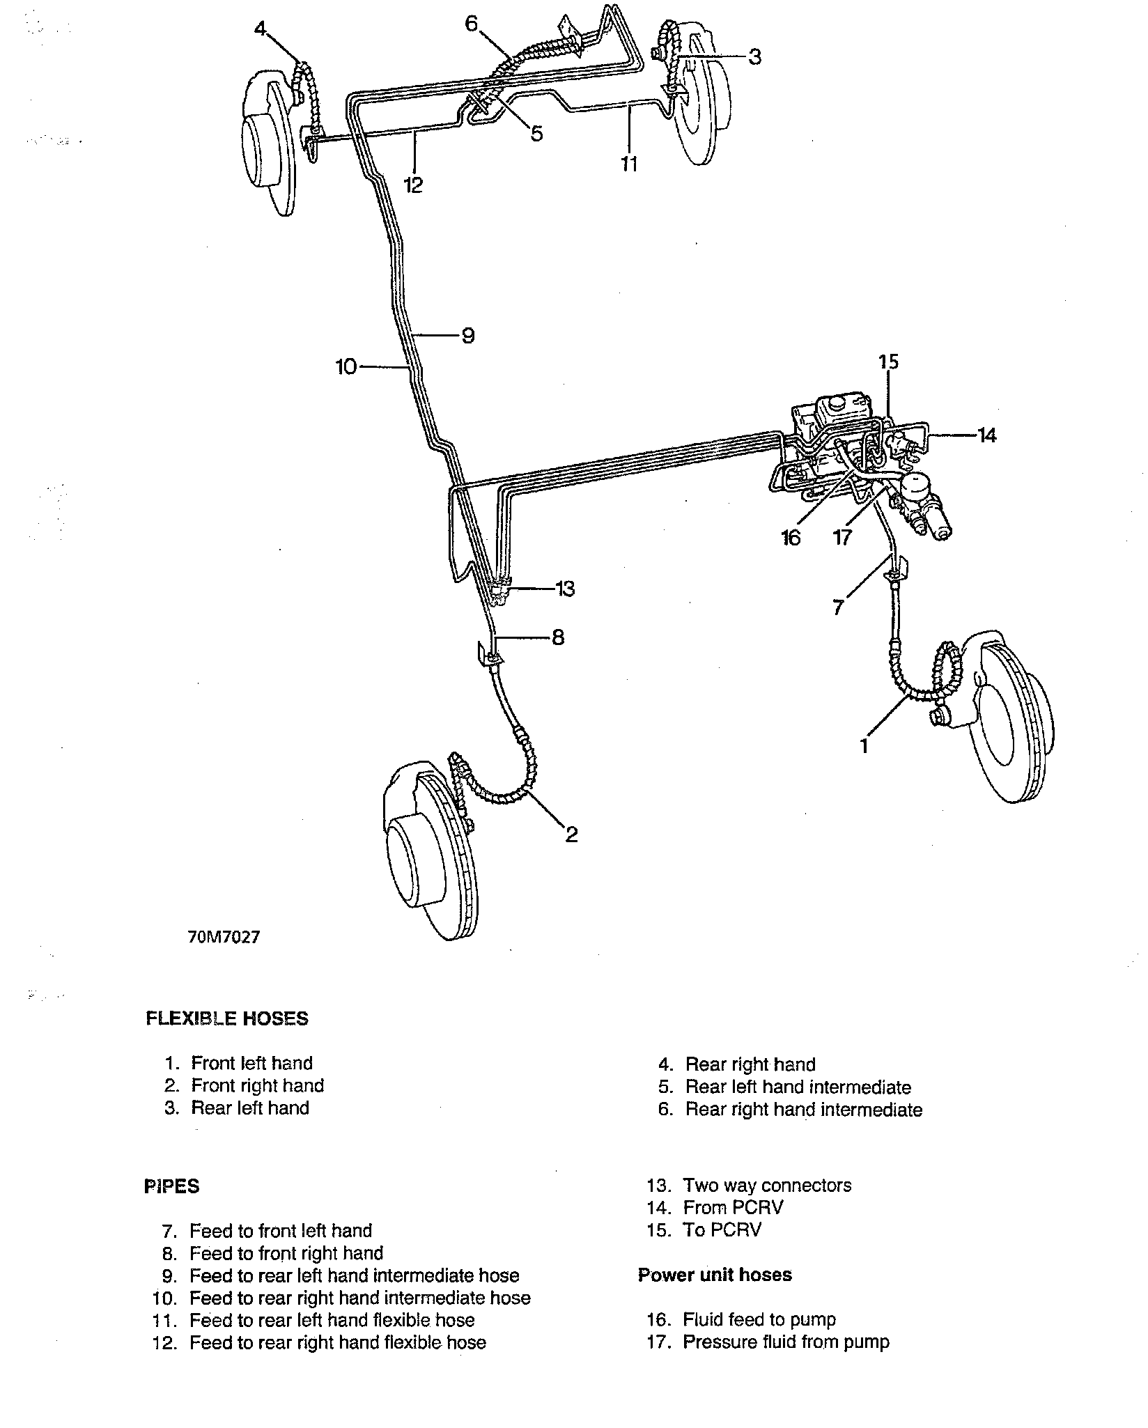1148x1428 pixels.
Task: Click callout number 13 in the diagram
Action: pyautogui.click(x=565, y=589)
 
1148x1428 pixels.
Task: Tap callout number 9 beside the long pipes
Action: pyautogui.click(x=468, y=336)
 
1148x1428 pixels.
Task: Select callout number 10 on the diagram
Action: pyautogui.click(x=346, y=366)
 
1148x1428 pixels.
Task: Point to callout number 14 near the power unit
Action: pyautogui.click(x=987, y=436)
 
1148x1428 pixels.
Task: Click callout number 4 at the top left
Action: pyautogui.click(x=260, y=30)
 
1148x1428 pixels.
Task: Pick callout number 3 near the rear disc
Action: pyautogui.click(x=755, y=56)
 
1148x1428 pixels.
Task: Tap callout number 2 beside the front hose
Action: pyautogui.click(x=571, y=834)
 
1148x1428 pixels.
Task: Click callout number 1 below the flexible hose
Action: pyautogui.click(x=864, y=746)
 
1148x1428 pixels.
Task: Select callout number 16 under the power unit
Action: pyautogui.click(x=791, y=538)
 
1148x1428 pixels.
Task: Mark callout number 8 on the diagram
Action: pyautogui.click(x=558, y=637)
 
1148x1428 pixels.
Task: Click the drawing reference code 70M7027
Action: pyautogui.click(x=224, y=938)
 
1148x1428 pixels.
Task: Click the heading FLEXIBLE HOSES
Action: pyautogui.click(x=226, y=1018)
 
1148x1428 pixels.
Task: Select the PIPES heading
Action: pyautogui.click(x=171, y=1186)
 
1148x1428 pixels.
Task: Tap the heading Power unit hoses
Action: pyautogui.click(x=715, y=1275)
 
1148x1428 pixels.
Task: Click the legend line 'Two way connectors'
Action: pyautogui.click(x=766, y=1186)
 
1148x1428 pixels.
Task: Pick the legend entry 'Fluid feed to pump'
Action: pyautogui.click(x=759, y=1319)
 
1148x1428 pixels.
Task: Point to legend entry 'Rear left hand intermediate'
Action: pyautogui.click(x=798, y=1087)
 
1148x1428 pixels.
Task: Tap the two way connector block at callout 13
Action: pyautogui.click(x=499, y=591)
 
